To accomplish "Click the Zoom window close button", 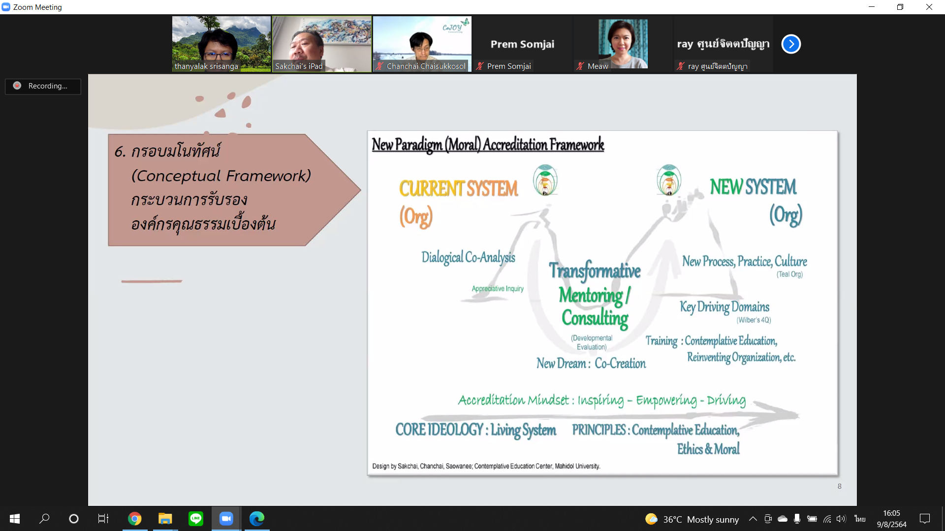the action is click(929, 7).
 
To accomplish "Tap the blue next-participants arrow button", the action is click(791, 44).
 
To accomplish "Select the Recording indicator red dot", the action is click(17, 86).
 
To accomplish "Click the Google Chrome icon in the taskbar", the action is click(134, 519).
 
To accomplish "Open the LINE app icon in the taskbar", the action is click(195, 519).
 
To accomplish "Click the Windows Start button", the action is click(15, 519).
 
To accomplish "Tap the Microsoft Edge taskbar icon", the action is click(256, 519).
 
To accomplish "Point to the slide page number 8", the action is click(839, 486).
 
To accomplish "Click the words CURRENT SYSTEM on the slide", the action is click(458, 189).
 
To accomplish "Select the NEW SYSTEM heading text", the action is click(753, 187).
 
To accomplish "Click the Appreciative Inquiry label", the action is click(498, 289).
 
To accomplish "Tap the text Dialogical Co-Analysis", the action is click(468, 257).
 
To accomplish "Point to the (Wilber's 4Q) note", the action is click(754, 320).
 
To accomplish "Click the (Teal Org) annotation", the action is click(789, 274).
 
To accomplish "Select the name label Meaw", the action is click(598, 66).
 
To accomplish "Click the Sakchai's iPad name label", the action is click(299, 66).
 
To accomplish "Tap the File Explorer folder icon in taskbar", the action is click(165, 519).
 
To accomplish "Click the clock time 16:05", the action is click(891, 513).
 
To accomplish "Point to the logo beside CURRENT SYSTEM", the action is click(545, 180).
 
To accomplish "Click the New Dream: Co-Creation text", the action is click(591, 363).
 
